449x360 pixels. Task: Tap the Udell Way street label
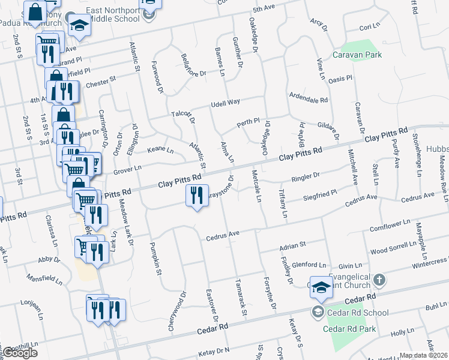pos(224,103)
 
